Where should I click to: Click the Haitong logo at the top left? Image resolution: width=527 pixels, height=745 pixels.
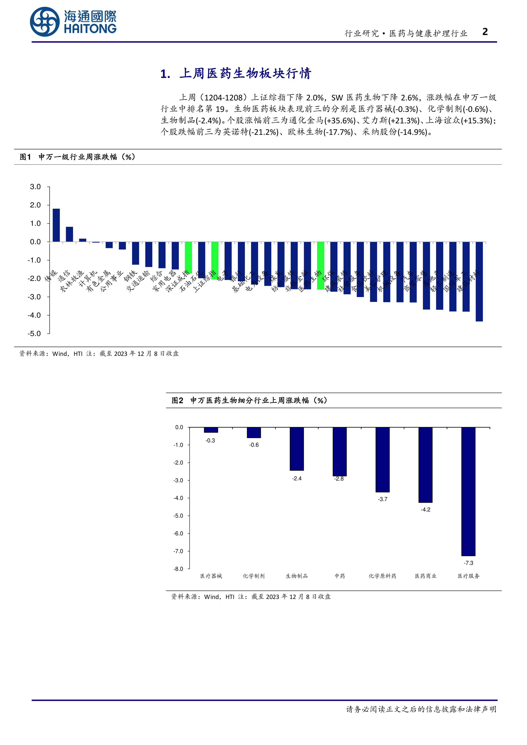(x=73, y=22)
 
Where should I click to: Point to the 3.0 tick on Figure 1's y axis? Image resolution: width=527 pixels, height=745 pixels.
(x=35, y=187)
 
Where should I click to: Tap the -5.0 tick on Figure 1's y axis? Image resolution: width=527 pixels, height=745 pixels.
(x=34, y=334)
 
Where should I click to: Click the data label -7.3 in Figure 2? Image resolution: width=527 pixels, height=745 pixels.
(x=468, y=563)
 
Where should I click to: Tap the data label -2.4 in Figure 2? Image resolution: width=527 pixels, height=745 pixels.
(x=297, y=479)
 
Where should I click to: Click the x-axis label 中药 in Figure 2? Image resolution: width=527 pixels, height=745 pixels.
(x=340, y=576)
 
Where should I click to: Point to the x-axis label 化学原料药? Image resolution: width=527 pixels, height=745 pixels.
(x=382, y=576)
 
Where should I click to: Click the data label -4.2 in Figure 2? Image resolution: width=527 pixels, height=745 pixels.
(x=425, y=510)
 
